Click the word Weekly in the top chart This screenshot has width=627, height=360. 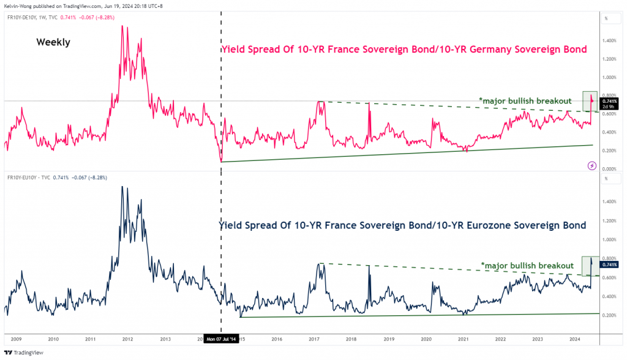[x=53, y=42]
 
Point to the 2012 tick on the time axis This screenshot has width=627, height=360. [x=128, y=338]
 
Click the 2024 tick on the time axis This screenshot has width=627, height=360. [x=575, y=338]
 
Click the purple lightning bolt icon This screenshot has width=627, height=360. [x=592, y=165]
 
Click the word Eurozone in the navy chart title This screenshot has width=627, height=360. [x=473, y=225]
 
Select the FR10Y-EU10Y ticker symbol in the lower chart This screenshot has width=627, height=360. [x=23, y=178]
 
